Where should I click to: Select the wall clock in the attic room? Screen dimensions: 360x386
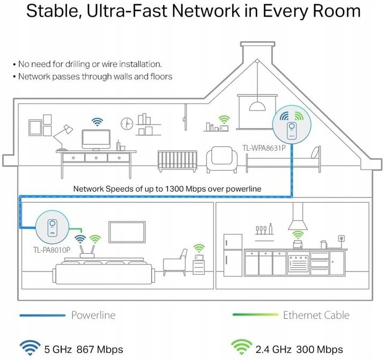[127, 123]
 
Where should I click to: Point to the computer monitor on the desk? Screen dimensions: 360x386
[96, 140]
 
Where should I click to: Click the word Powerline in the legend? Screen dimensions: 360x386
[93, 315]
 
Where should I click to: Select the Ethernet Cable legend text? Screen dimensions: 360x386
[316, 315]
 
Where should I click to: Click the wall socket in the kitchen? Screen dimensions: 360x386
[341, 237]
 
